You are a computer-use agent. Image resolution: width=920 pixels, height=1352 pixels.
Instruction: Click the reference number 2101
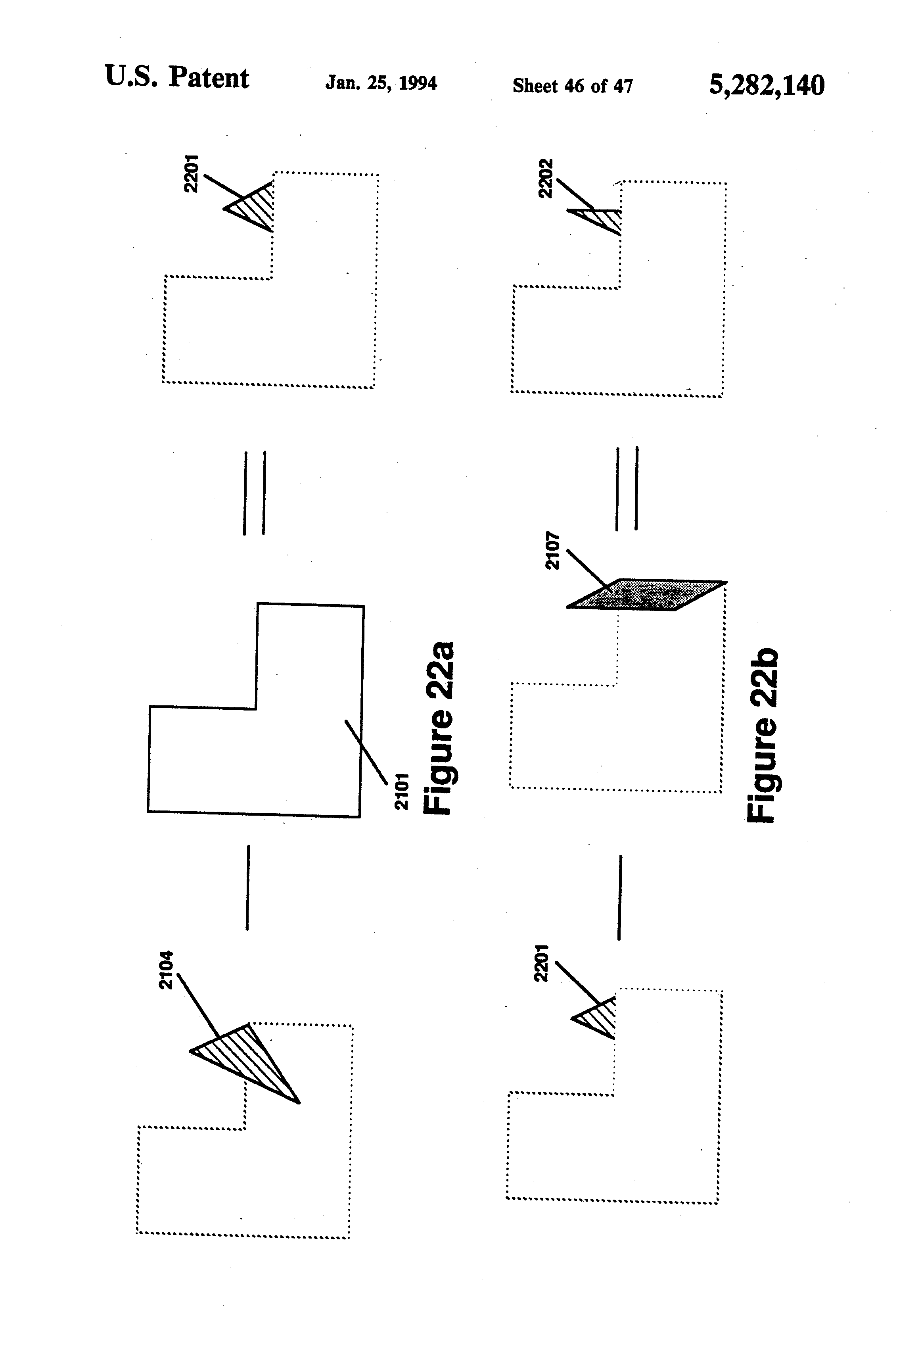402,791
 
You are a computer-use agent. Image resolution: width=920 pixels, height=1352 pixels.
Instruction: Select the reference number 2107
552,550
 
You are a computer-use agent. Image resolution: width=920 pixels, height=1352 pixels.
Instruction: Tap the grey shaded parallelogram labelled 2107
646,595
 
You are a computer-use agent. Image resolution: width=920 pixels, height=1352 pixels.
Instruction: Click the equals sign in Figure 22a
254,492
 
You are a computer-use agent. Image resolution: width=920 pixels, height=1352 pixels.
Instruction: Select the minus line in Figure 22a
248,887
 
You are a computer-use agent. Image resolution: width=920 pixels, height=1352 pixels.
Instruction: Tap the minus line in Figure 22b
619,897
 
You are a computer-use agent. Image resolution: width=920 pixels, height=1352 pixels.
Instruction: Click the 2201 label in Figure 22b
541,963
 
